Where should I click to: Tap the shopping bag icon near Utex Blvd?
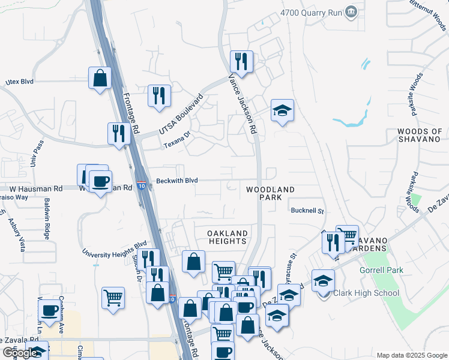(x=100, y=78)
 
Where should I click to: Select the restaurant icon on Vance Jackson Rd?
(x=241, y=62)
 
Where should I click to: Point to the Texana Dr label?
(x=177, y=141)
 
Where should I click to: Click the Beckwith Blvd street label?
(x=177, y=180)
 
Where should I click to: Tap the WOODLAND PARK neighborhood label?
(x=270, y=194)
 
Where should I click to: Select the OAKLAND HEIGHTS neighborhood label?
(x=228, y=237)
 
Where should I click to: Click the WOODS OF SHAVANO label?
(x=420, y=136)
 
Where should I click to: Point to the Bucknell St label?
(x=307, y=211)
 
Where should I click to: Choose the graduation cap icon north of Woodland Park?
(x=282, y=111)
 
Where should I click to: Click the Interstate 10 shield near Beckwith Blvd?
(x=140, y=186)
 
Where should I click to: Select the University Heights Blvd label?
(x=115, y=249)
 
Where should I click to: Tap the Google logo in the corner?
(x=20, y=353)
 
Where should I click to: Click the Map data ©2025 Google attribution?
(x=411, y=355)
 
